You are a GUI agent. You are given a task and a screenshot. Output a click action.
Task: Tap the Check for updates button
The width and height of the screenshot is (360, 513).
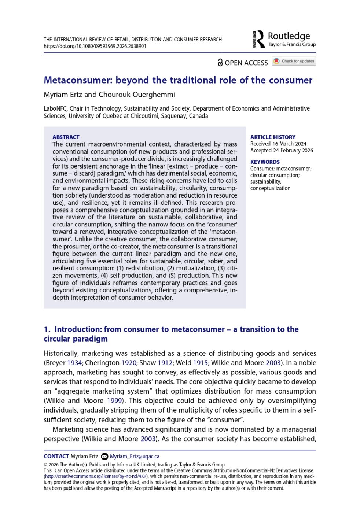click(294, 61)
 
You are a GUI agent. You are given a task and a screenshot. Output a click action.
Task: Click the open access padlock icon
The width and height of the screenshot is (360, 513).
click(220, 63)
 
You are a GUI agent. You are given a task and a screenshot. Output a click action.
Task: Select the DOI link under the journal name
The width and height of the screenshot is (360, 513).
click(95, 47)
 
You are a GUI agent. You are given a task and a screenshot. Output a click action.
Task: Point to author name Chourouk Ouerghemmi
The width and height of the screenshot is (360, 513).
click(137, 95)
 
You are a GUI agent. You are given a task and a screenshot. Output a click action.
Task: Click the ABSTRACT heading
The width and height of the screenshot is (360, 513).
click(66, 137)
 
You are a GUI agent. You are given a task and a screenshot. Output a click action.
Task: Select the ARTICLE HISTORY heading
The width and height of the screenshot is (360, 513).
click(273, 137)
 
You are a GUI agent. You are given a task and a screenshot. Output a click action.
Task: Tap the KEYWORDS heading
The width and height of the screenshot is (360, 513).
click(265, 162)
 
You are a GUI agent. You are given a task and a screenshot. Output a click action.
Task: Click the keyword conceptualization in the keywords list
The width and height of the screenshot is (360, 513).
click(270, 188)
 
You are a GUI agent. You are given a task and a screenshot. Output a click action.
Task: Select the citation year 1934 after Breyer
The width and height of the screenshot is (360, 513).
click(74, 363)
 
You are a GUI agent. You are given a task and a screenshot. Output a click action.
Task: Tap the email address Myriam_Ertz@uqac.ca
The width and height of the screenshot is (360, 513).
click(135, 457)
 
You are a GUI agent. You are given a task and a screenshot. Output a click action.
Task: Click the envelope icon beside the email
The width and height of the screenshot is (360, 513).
click(104, 457)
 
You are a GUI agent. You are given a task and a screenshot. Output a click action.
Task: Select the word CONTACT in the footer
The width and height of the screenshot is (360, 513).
click(56, 457)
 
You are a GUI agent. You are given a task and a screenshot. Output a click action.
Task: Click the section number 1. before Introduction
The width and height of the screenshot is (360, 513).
click(47, 329)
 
